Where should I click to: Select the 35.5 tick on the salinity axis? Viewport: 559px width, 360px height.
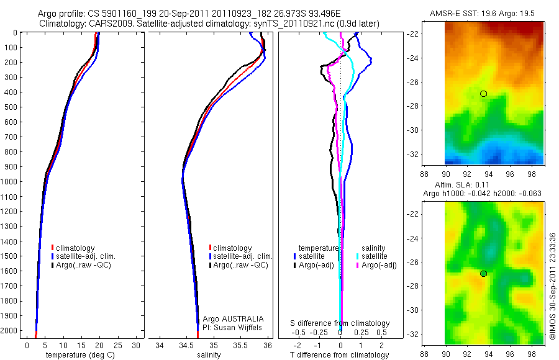240,344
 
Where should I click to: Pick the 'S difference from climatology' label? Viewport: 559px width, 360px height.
340,323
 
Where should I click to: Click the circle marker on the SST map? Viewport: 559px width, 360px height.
484,94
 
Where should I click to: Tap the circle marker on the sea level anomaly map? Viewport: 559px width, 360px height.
484,274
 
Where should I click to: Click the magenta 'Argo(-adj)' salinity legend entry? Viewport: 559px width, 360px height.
378,265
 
